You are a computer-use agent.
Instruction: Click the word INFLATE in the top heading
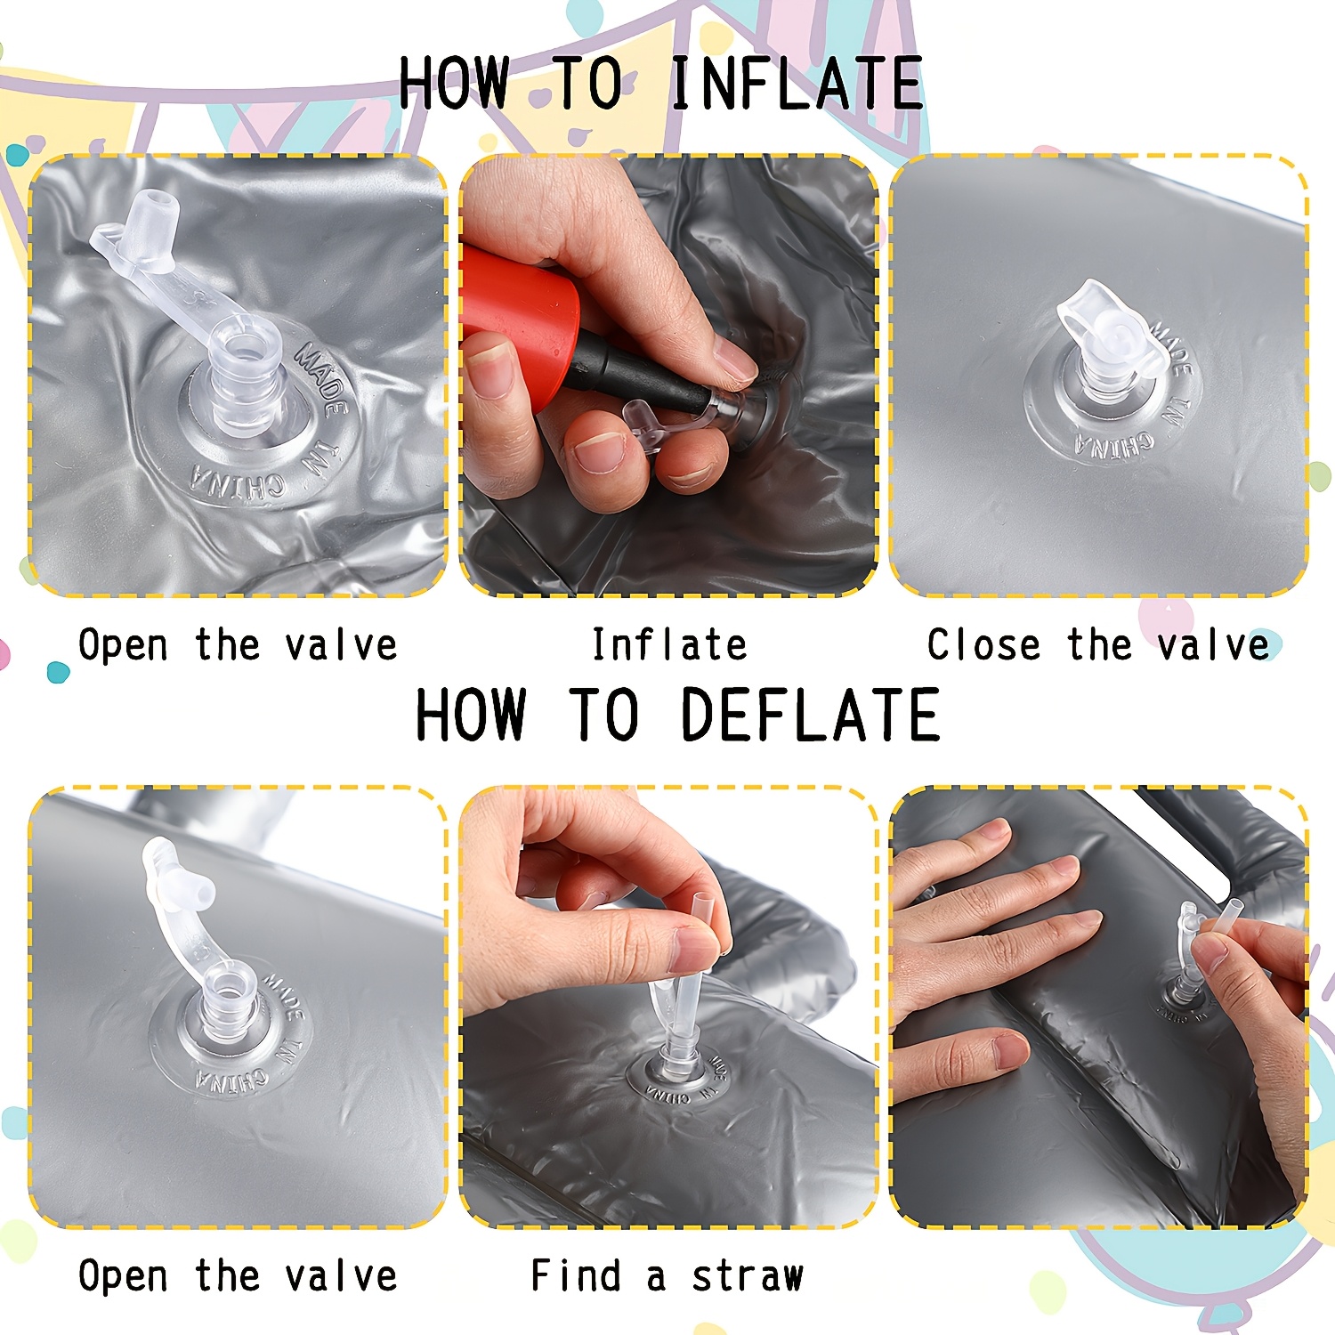coord(797,83)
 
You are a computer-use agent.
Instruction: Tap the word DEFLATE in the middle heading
coord(810,715)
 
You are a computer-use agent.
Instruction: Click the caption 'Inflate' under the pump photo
coord(669,644)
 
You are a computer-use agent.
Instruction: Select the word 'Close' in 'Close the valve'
coord(983,644)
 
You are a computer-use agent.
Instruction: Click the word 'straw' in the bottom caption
coord(748,1275)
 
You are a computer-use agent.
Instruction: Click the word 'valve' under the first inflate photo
coord(341,644)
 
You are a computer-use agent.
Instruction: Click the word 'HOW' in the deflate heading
coord(471,715)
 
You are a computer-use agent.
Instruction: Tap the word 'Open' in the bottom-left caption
coord(123,1275)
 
